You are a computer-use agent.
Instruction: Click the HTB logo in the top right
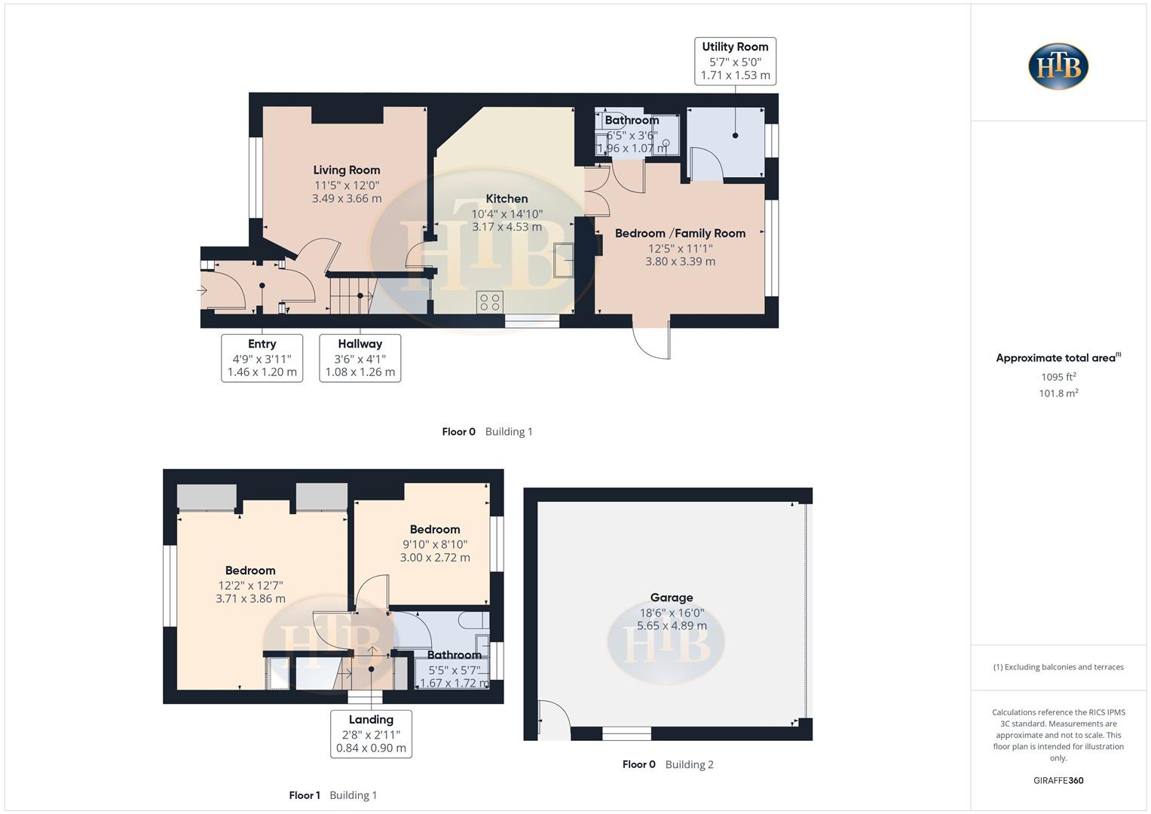(1058, 66)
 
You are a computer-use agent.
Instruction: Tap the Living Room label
(347, 170)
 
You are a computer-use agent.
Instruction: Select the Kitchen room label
(507, 199)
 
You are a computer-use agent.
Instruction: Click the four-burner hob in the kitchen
(490, 302)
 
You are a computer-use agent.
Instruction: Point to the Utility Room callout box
(735, 61)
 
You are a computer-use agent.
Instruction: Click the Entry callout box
(262, 358)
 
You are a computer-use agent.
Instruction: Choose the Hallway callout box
(360, 358)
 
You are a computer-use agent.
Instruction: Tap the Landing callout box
(371, 733)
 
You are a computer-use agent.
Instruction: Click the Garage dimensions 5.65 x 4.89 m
(672, 626)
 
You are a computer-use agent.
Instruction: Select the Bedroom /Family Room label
(680, 234)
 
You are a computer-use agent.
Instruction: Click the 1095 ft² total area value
(1058, 377)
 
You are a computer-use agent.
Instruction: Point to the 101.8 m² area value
(1058, 393)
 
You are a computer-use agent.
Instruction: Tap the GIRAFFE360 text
(1058, 781)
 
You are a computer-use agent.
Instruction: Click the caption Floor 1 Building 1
(332, 795)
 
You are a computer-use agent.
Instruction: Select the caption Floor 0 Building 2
(667, 764)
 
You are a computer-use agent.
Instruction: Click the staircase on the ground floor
(351, 294)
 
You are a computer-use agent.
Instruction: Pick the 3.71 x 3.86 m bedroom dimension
(250, 599)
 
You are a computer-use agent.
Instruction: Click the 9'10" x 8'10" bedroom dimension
(435, 544)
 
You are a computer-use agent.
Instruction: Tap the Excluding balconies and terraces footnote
(1058, 667)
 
